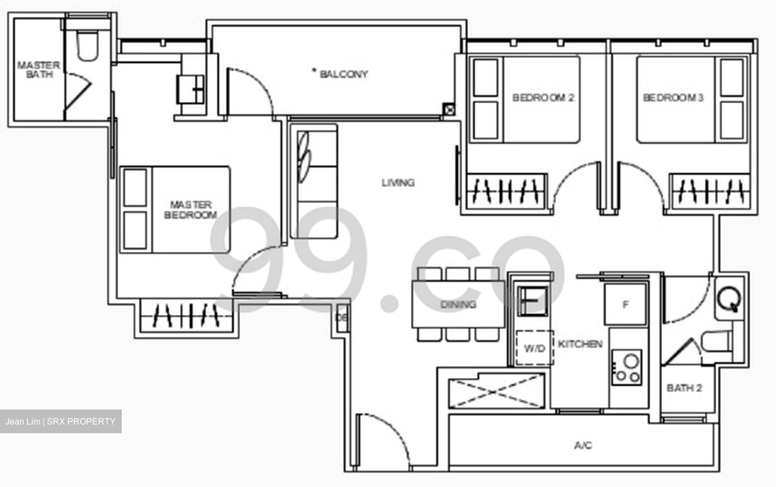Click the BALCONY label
343,74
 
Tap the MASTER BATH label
38,70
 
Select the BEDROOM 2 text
543,97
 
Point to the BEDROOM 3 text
673,97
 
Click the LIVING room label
398,183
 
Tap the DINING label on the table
458,305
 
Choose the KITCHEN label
580,344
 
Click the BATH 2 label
684,388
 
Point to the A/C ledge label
583,446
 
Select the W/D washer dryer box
534,348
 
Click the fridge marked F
625,305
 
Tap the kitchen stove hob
626,367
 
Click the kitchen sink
532,300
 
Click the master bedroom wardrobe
186,315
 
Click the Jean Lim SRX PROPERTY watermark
60,421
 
